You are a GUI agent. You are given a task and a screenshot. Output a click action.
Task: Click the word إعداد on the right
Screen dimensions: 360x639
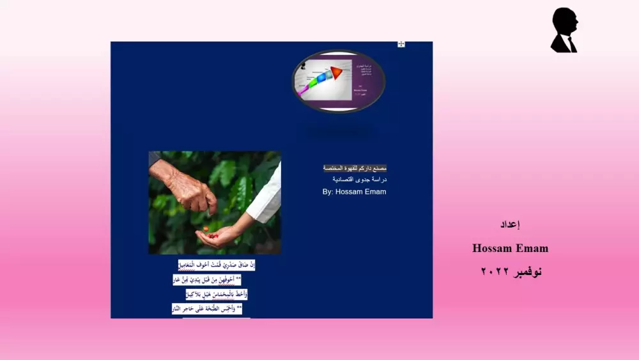(x=510, y=224)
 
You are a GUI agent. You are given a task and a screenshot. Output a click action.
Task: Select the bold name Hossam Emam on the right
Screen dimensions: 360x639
(x=510, y=248)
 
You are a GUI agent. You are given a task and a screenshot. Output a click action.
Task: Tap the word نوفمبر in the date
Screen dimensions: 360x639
(x=526, y=272)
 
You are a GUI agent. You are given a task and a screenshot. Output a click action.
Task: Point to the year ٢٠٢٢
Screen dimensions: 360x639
(x=493, y=272)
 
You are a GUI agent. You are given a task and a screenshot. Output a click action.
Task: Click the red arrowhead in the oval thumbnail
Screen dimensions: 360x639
(x=337, y=72)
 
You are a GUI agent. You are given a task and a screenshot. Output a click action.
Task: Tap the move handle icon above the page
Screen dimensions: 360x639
(x=401, y=44)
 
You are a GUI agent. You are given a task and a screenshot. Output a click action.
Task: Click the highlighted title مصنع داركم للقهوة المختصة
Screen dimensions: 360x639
(x=355, y=168)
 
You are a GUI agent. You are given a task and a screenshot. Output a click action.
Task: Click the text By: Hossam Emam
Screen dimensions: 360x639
(x=354, y=192)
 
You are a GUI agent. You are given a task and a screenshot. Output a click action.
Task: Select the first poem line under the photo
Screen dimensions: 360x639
(x=216, y=265)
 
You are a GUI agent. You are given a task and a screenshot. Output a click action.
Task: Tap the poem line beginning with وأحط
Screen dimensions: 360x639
(x=216, y=294)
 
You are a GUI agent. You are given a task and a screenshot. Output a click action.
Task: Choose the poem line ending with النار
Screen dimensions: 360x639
(x=207, y=309)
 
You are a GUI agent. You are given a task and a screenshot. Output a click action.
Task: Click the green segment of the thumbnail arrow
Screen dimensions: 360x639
(x=312, y=81)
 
